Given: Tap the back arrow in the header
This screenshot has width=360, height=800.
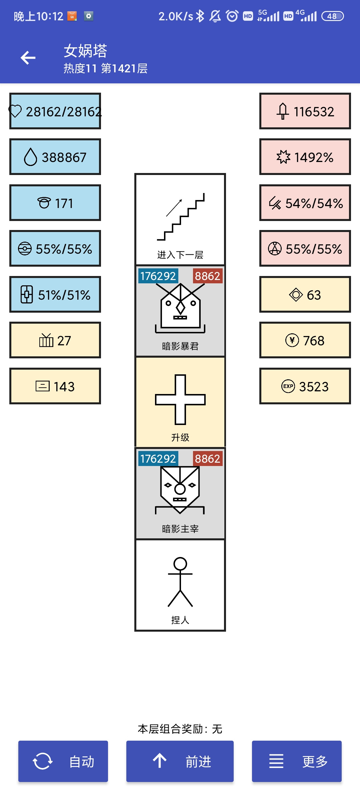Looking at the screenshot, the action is coord(28,58).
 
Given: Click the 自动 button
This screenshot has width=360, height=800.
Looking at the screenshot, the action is coord(63,761).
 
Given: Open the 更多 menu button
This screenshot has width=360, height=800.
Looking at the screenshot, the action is coord(297,761).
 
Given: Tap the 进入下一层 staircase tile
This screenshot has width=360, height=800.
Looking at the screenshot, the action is coord(180,219).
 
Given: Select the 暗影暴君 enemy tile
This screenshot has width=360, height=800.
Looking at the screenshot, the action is coord(180,311).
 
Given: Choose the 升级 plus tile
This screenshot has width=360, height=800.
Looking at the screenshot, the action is coord(180,402).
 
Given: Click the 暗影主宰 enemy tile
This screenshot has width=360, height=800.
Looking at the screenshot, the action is coord(180,493).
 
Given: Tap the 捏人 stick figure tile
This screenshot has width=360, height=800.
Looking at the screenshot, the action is coord(180,585).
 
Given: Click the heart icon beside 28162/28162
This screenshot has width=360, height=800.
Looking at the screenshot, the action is coord(15,111).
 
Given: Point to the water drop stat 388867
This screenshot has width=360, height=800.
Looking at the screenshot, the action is coord(55,157).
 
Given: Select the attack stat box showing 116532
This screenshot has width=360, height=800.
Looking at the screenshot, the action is coord(305,111).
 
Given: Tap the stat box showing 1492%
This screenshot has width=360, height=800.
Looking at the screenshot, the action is coord(305,157).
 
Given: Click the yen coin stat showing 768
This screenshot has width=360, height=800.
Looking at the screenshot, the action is coord(305,340).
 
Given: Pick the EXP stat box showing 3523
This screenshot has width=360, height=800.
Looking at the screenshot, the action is coord(305,386).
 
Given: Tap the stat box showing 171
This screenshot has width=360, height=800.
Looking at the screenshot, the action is coord(55,203).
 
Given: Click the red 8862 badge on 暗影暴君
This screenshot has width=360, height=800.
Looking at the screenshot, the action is coord(207,276).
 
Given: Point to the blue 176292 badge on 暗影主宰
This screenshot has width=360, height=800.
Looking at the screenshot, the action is coord(158,459).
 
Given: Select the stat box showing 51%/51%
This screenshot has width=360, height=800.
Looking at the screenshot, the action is coord(55,295).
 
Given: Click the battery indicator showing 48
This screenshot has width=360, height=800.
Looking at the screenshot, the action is coord(332,16).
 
